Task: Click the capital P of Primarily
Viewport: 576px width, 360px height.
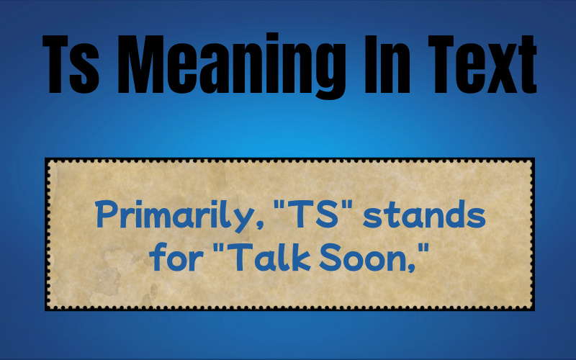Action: pos(105,214)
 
